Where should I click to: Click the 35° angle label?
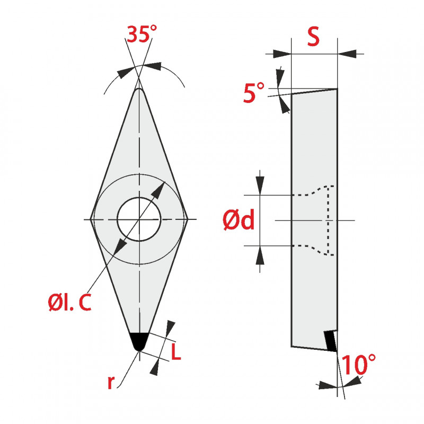(142, 34)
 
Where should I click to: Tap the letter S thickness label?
(313, 36)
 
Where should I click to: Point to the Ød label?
(239, 220)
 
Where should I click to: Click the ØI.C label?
(69, 302)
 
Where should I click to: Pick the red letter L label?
(176, 352)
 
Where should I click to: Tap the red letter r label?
(111, 382)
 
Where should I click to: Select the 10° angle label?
(359, 365)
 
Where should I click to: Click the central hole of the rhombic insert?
(139, 219)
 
